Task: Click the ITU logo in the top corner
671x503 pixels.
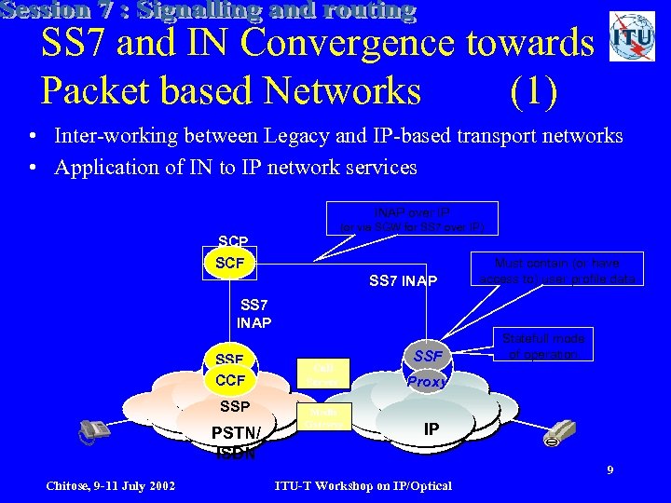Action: pyautogui.click(x=632, y=37)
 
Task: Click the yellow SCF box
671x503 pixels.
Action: pyautogui.click(x=229, y=264)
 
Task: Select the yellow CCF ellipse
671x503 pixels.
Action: pyautogui.click(x=229, y=380)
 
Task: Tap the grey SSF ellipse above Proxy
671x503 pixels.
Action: pyautogui.click(x=428, y=357)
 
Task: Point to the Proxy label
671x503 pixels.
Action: pyautogui.click(x=427, y=382)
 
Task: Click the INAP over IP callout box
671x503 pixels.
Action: pyautogui.click(x=411, y=219)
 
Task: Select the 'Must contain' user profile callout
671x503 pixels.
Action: pyautogui.click(x=556, y=270)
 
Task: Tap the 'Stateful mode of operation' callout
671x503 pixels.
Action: pyautogui.click(x=542, y=347)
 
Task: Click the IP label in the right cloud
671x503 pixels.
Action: pyautogui.click(x=431, y=428)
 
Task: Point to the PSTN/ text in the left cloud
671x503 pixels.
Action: pyautogui.click(x=239, y=433)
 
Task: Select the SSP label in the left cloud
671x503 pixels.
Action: pyautogui.click(x=234, y=407)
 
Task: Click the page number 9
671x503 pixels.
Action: pyautogui.click(x=609, y=469)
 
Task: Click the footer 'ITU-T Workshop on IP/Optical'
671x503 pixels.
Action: pyautogui.click(x=363, y=485)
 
